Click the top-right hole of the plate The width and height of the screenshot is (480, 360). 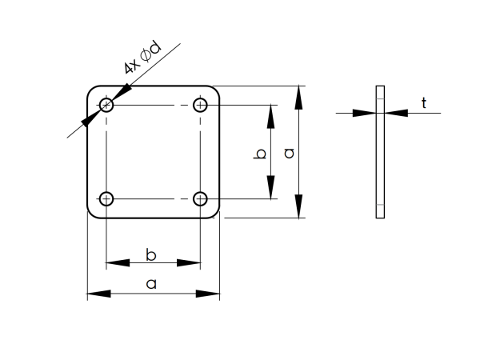tap(200, 105)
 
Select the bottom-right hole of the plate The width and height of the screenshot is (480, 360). tap(200, 198)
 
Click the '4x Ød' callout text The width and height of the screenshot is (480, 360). tap(142, 59)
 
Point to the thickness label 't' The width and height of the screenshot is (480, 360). tap(424, 102)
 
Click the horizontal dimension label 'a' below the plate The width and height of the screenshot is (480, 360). tap(152, 283)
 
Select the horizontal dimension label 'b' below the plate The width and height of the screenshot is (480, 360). tap(152, 254)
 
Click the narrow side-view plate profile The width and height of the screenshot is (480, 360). tap(380, 152)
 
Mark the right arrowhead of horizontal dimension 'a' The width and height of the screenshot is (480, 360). tap(210, 294)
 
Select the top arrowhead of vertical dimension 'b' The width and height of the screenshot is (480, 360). tap(271, 114)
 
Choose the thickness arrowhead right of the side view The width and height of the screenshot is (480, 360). tap(395, 113)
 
